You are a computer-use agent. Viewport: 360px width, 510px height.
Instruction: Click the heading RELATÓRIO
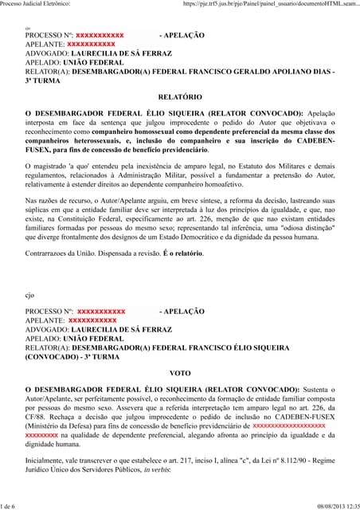(x=180, y=96)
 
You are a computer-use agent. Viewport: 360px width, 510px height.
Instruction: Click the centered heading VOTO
(x=180, y=373)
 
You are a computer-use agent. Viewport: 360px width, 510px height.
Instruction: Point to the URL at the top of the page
(x=271, y=4)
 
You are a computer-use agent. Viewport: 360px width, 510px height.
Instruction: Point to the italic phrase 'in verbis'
(x=157, y=469)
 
